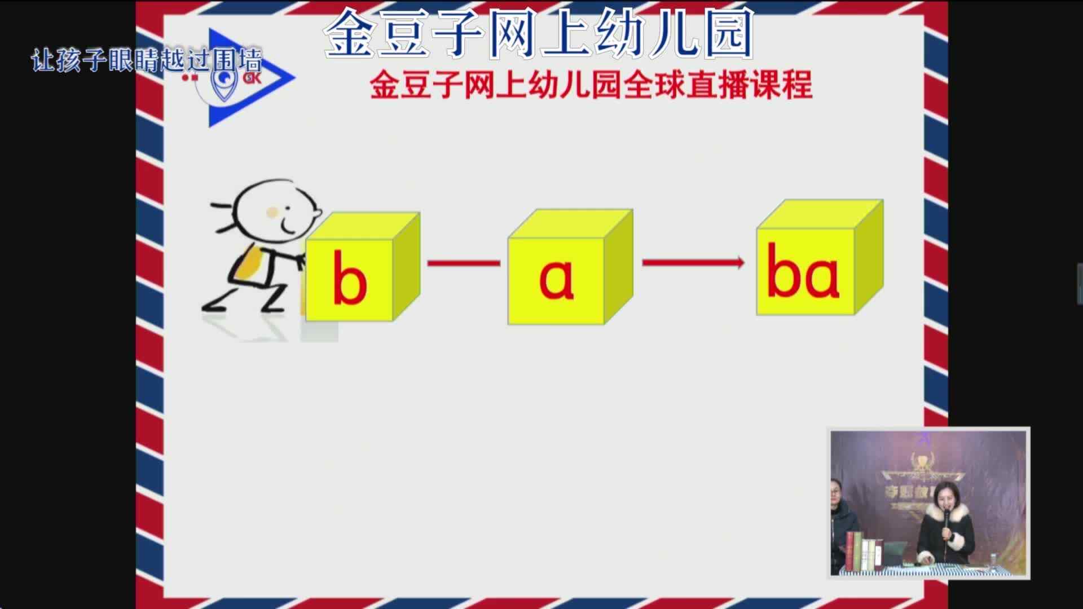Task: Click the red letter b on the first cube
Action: point(349,278)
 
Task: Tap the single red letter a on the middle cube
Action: point(556,279)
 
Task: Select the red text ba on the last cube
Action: point(803,272)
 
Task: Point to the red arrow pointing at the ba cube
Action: point(693,262)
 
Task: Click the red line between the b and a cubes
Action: point(464,263)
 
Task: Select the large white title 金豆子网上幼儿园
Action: point(539,34)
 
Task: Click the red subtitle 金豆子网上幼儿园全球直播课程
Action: point(591,85)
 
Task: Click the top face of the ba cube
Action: point(820,214)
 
